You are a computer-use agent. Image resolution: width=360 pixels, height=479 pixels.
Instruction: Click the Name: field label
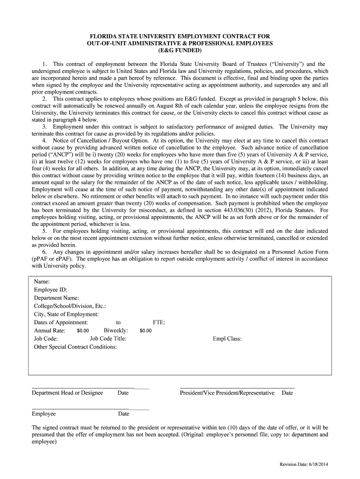coord(42,282)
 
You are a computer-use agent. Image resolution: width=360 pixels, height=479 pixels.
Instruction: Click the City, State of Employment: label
coord(66,314)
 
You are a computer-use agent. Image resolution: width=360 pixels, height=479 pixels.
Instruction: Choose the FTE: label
coord(159,322)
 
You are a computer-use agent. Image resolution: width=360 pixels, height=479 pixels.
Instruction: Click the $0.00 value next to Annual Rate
coord(83,331)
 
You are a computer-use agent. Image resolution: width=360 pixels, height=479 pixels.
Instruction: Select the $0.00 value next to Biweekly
coord(145,331)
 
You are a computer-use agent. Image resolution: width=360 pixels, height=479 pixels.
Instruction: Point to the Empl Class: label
coord(227,339)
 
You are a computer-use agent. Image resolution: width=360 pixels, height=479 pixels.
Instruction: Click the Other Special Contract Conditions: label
coord(75,347)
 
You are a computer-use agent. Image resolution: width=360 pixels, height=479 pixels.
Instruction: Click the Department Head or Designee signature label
coord(67,393)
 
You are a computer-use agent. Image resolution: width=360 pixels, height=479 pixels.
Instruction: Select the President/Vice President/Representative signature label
coord(227,393)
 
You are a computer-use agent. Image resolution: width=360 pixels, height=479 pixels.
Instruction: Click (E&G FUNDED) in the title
coord(180,51)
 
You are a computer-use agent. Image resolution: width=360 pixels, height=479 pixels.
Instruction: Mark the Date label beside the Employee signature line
coord(123,414)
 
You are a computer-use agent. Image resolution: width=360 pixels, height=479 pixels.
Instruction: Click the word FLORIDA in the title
coord(104,36)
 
